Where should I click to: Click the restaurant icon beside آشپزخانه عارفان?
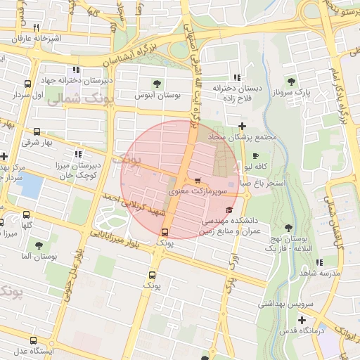(x=36, y=27)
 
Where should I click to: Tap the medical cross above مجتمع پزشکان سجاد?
(x=243, y=125)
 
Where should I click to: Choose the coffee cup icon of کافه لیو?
(x=255, y=155)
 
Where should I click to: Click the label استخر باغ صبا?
(x=262, y=182)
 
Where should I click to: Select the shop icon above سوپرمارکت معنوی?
(x=197, y=180)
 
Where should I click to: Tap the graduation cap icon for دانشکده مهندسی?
(x=229, y=210)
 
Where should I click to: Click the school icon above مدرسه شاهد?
(x=320, y=262)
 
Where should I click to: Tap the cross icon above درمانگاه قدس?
(x=302, y=320)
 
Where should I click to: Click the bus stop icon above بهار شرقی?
(x=37, y=131)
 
